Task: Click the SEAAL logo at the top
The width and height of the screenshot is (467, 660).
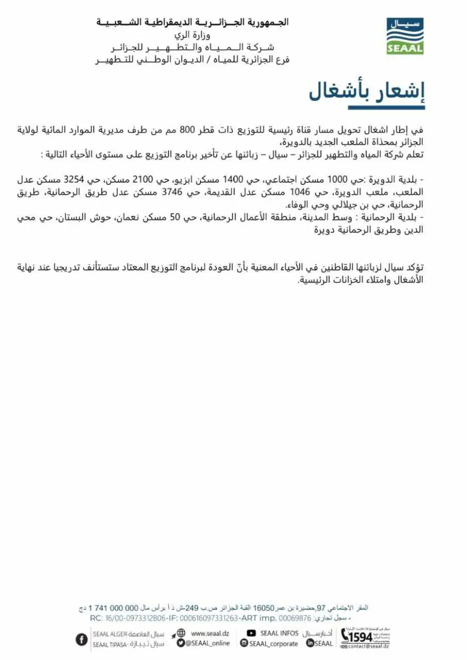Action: [x=405, y=36]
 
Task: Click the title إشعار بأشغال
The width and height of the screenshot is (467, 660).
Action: [x=367, y=92]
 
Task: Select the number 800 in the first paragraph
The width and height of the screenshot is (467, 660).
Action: [x=182, y=129]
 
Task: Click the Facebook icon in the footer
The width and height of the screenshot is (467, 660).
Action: [x=81, y=639]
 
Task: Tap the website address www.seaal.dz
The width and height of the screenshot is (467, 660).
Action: [x=209, y=633]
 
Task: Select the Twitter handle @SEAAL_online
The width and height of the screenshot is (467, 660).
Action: [x=208, y=643]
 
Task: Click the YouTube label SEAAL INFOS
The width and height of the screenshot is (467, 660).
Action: [x=279, y=633]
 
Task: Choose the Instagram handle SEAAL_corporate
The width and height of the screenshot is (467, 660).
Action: [x=273, y=643]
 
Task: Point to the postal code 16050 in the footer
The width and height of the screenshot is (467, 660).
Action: [x=263, y=608]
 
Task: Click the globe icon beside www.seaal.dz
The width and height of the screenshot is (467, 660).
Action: [x=181, y=633]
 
